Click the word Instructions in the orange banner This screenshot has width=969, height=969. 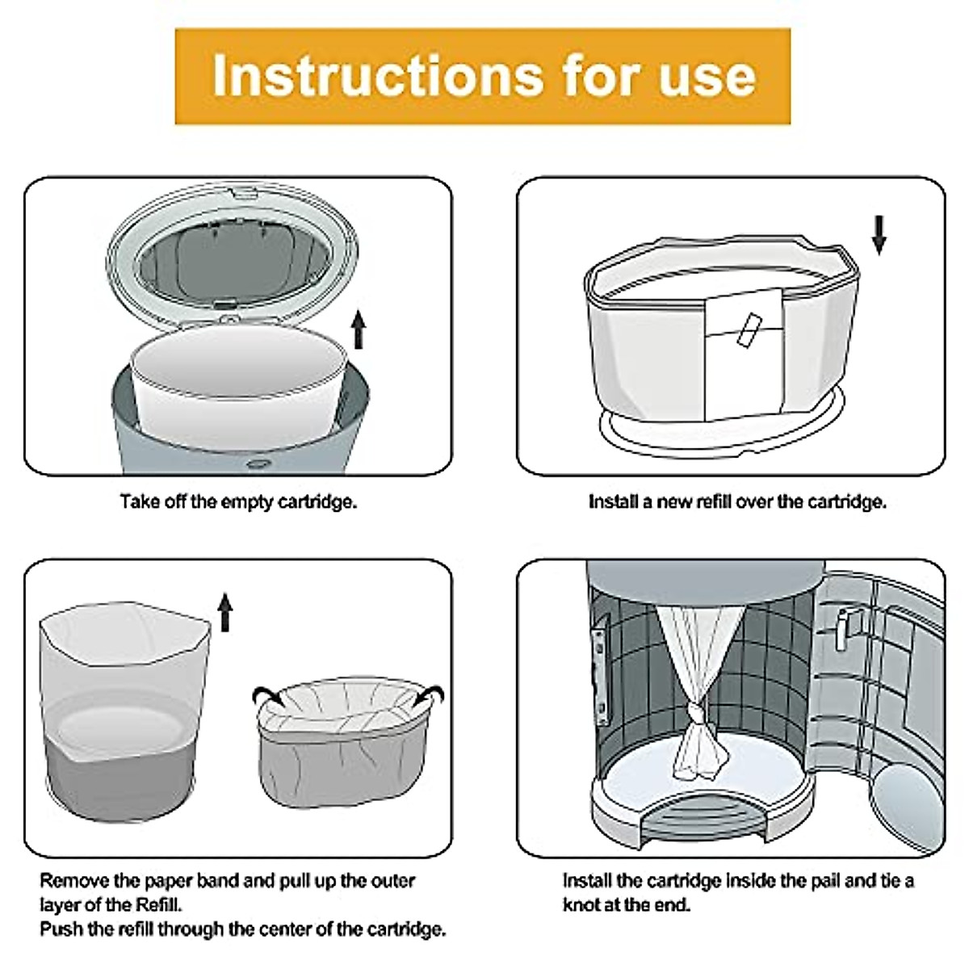[x=378, y=77]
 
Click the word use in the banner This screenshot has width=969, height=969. [x=707, y=81]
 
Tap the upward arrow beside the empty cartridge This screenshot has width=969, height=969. [x=358, y=330]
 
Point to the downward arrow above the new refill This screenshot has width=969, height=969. [x=879, y=235]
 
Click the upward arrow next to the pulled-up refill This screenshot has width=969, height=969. [x=225, y=612]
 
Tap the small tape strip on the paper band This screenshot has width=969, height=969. [x=749, y=330]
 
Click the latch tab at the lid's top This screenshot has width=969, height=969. [x=241, y=193]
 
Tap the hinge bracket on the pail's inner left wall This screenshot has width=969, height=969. [x=601, y=669]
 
